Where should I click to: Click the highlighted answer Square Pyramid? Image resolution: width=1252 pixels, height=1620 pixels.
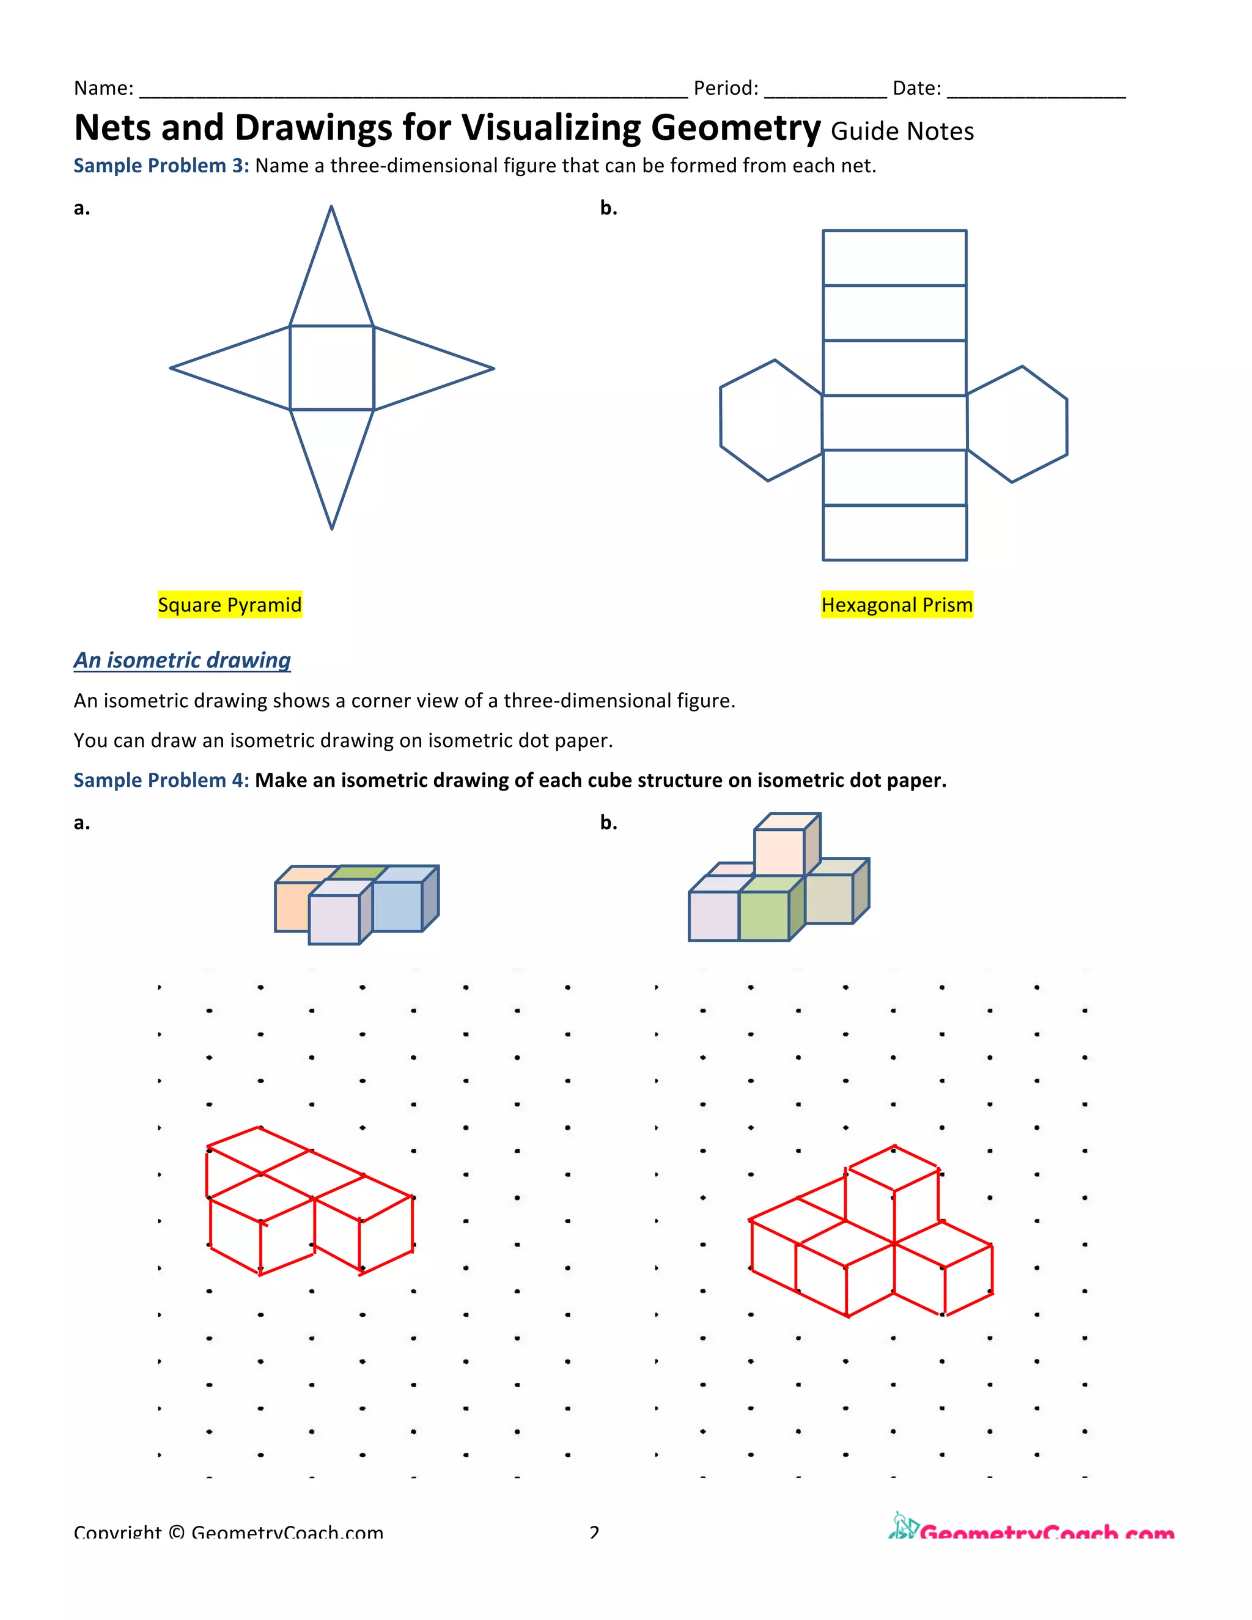click(229, 605)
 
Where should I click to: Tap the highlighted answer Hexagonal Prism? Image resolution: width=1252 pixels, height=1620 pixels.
click(896, 605)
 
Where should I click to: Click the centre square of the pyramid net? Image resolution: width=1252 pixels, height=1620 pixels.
click(331, 367)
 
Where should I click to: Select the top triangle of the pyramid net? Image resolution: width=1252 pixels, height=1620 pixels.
click(331, 282)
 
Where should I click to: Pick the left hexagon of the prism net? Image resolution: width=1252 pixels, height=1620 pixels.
click(770, 421)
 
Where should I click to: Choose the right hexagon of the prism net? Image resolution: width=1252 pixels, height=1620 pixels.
click(1018, 425)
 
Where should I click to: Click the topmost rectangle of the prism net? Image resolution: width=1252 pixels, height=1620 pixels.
click(894, 258)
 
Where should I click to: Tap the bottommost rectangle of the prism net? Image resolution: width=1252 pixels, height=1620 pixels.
click(894, 532)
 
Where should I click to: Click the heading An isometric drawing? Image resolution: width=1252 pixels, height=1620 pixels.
click(182, 660)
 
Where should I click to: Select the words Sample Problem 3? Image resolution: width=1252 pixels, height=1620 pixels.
click(161, 166)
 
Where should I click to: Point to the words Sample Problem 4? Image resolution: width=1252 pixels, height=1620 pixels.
click(161, 780)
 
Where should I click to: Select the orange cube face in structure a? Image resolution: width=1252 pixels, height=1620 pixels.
click(291, 907)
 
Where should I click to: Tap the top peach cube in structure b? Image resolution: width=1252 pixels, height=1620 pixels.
click(779, 852)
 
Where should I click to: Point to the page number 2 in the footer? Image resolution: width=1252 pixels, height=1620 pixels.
click(594, 1531)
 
